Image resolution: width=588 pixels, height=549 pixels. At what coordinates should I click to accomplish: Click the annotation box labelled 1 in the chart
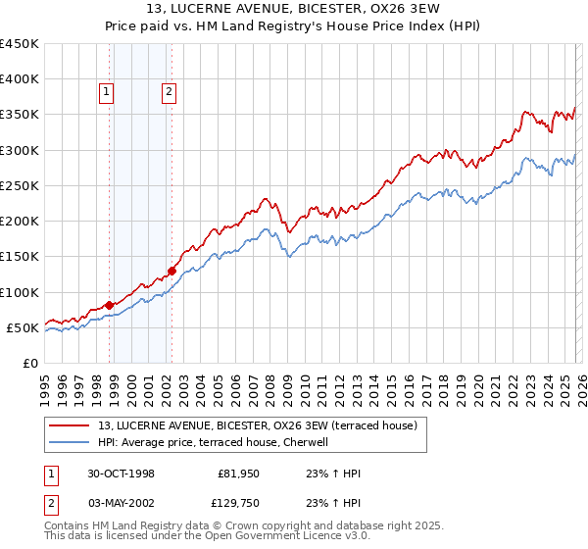(x=106, y=93)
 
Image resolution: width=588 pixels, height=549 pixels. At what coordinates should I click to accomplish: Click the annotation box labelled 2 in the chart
(x=169, y=93)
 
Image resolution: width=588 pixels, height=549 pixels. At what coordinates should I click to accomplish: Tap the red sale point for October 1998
(x=110, y=305)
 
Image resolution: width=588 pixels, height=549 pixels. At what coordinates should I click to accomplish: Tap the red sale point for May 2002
(x=171, y=271)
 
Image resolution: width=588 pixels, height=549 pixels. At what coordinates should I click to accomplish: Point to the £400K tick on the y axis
(x=20, y=79)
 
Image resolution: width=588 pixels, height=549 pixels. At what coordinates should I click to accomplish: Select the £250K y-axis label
(x=20, y=185)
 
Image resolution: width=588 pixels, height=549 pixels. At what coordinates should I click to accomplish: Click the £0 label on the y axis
(x=29, y=363)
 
